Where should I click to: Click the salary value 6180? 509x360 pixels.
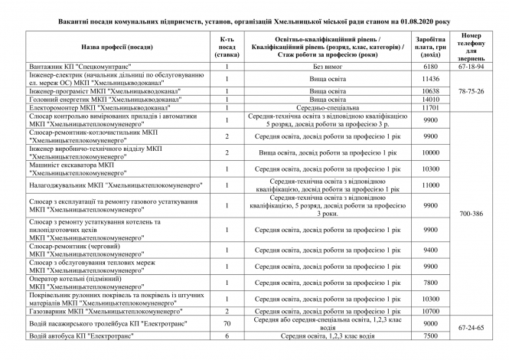coord(429,67)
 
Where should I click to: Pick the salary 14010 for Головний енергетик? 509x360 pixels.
coord(429,100)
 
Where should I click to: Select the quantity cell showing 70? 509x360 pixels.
coord(227,323)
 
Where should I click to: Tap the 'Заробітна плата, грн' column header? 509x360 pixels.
coord(429,47)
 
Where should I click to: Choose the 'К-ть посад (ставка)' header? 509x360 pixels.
coord(227,47)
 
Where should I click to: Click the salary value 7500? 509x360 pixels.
coord(429,335)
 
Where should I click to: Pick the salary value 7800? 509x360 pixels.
coord(429,282)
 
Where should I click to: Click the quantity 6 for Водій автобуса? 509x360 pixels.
coord(227,335)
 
